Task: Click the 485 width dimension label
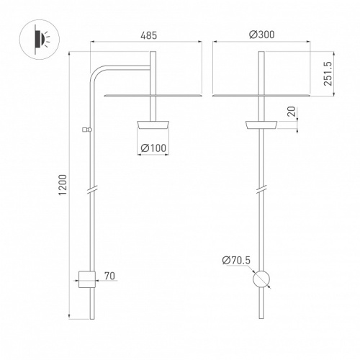pyautogui.click(x=148, y=35)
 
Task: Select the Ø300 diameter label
pyautogui.click(x=262, y=35)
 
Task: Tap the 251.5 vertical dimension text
pyautogui.click(x=328, y=73)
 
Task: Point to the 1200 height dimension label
pyautogui.click(x=63, y=185)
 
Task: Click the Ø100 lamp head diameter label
pyautogui.click(x=153, y=148)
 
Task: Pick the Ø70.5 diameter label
pyautogui.click(x=236, y=260)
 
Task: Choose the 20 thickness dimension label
pyautogui.click(x=292, y=112)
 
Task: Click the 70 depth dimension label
pyautogui.click(x=109, y=276)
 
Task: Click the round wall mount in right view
pyautogui.click(x=261, y=279)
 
